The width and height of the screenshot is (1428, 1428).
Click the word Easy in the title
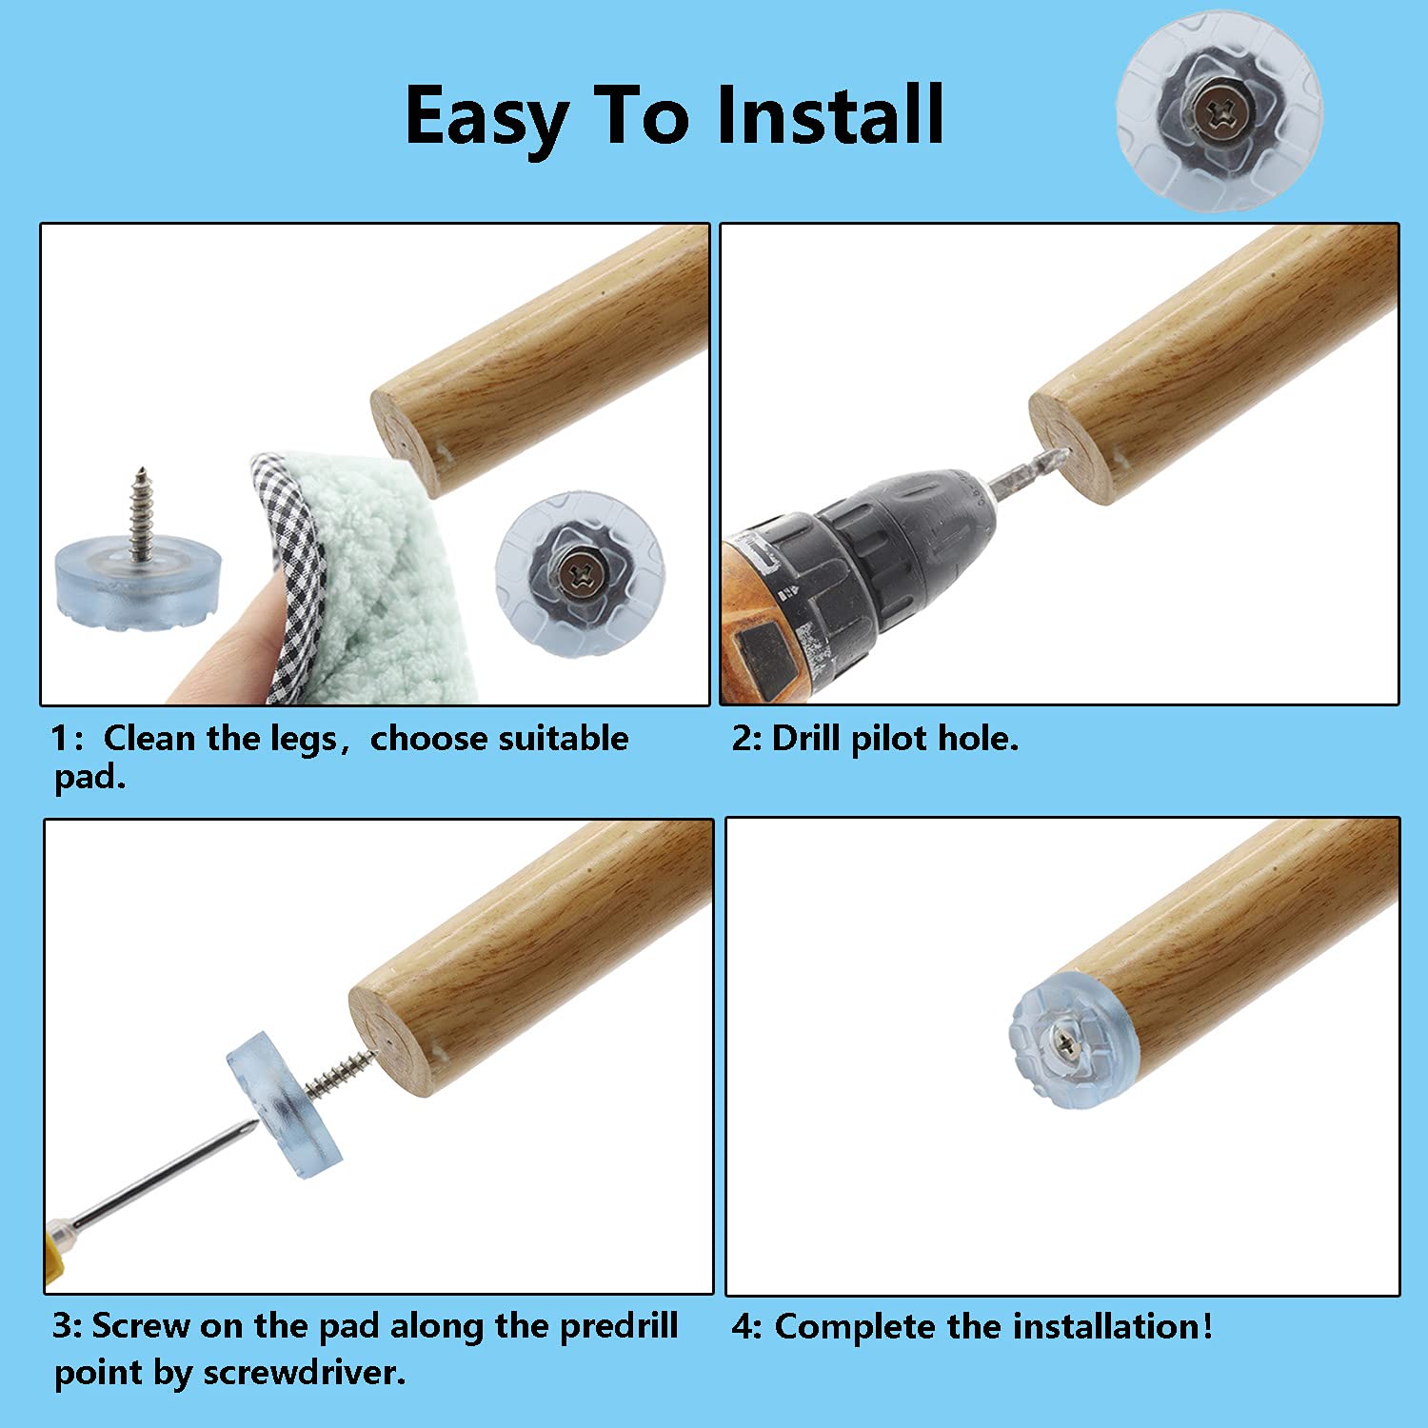[486, 116]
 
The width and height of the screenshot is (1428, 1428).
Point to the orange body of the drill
[762, 619]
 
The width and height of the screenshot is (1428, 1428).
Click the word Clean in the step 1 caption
[152, 739]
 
